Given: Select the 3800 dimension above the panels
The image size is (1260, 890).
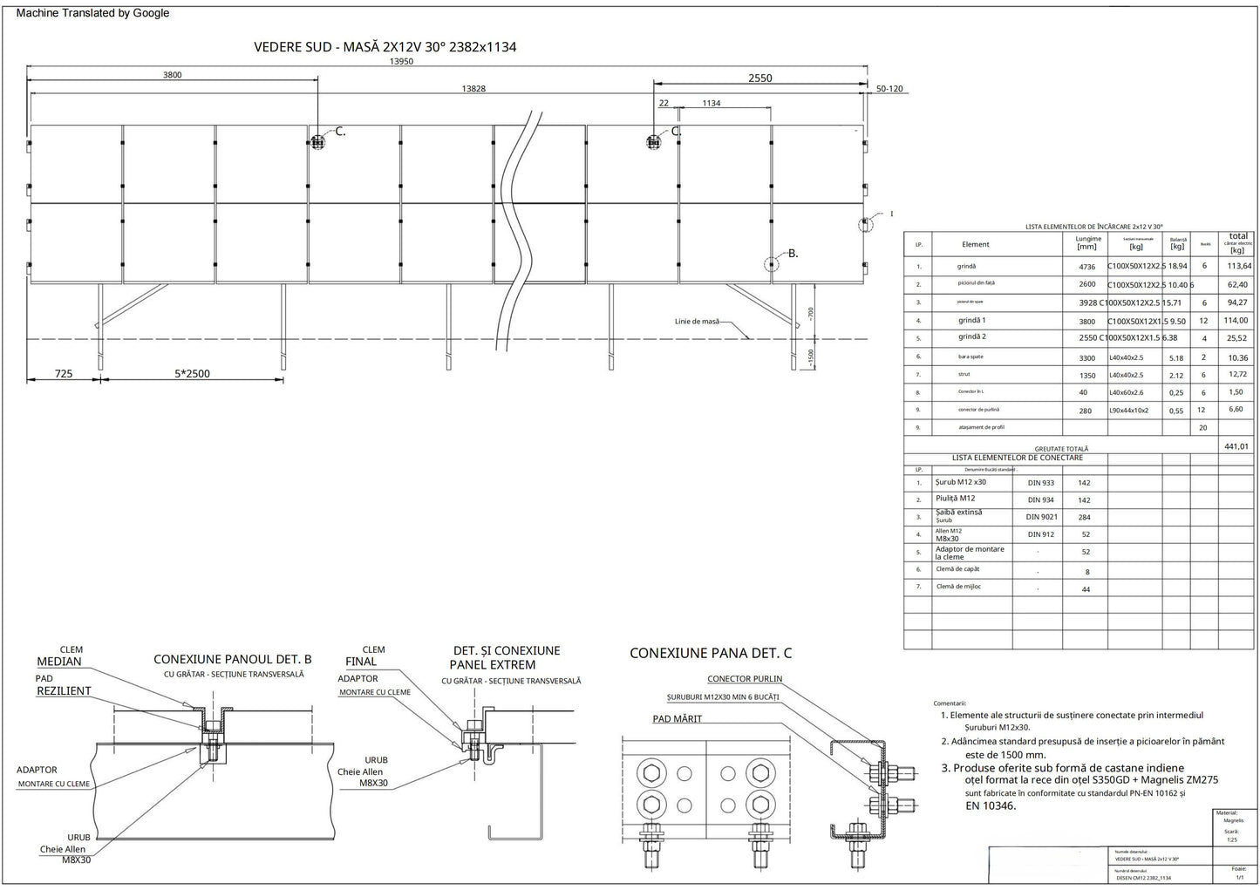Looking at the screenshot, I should tap(173, 75).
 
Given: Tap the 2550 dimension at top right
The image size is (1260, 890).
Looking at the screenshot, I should tap(760, 78).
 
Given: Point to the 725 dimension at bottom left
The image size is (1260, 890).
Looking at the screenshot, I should tap(64, 373).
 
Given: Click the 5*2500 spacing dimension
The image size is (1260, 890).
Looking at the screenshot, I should tap(192, 373).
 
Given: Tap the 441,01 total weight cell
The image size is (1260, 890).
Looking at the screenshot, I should tap(1236, 445).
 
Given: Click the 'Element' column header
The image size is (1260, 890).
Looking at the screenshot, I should tap(975, 245).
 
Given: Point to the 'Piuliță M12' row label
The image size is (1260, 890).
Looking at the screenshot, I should tap(955, 499).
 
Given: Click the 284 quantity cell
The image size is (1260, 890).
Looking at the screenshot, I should tap(1085, 518).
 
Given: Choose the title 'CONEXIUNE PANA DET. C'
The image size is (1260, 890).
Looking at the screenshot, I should tap(711, 653).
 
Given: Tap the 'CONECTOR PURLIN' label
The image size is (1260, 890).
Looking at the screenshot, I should tap(745, 679).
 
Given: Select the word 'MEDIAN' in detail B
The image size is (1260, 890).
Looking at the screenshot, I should tap(59, 662).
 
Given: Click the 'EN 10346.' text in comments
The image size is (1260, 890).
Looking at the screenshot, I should tap(991, 805).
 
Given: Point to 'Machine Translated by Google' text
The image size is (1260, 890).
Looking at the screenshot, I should tap(93, 13).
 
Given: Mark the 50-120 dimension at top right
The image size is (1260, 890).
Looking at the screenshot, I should tap(889, 89).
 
